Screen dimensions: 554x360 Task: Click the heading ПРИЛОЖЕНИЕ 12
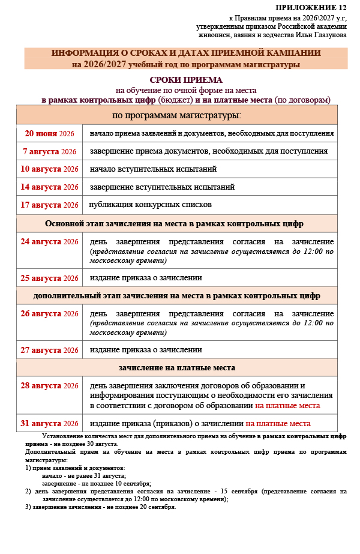coord(311,7)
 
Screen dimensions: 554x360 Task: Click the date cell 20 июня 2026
coord(49,133)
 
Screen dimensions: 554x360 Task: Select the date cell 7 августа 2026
coord(49,151)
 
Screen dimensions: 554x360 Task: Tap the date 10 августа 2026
coord(49,169)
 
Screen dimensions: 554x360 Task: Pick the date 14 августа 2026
coord(49,187)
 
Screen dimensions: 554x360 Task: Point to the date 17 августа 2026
coord(49,205)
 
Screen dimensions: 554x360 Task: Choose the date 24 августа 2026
coord(49,242)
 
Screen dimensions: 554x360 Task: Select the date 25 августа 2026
coord(49,278)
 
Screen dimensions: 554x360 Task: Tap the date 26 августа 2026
coord(49,314)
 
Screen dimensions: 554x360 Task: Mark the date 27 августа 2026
coord(49,350)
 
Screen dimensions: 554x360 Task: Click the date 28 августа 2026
coord(49,386)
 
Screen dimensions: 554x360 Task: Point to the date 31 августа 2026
coord(49,423)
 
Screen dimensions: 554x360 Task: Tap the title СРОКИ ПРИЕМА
coord(185,80)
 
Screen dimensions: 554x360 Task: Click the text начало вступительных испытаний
coord(153,169)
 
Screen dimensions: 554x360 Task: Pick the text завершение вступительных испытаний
coord(162,187)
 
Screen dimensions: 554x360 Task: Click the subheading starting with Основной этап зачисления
coord(174,223)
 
